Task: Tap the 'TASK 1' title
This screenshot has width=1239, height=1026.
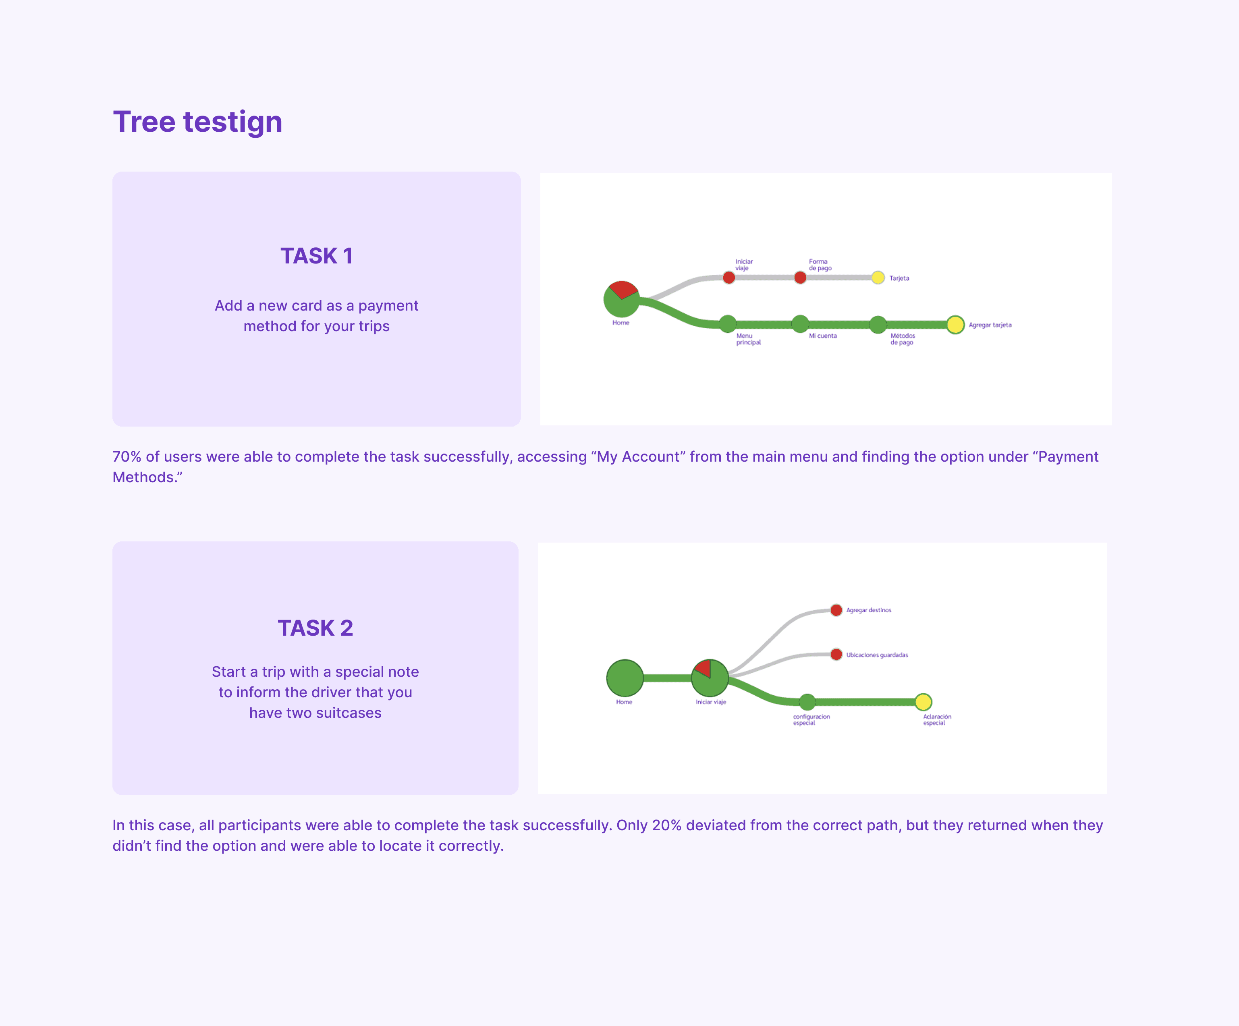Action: [x=317, y=256]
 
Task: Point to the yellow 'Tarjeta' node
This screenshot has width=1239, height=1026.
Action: [x=878, y=277]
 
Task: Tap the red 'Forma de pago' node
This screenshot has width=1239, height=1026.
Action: [x=800, y=277]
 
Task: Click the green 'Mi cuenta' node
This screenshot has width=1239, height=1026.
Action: [x=800, y=324]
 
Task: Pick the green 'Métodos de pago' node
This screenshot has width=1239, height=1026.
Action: [x=878, y=324]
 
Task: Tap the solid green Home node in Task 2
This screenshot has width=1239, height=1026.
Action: [x=625, y=678]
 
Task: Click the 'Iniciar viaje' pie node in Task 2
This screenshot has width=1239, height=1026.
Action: [x=710, y=678]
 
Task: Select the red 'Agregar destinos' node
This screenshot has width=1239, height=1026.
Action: [x=836, y=610]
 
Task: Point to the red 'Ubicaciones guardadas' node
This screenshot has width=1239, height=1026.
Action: [x=836, y=654]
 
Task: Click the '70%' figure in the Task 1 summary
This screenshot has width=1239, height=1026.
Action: [x=127, y=457]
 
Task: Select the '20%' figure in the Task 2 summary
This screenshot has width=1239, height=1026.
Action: [x=667, y=825]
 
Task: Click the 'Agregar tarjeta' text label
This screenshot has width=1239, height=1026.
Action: [x=990, y=325]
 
